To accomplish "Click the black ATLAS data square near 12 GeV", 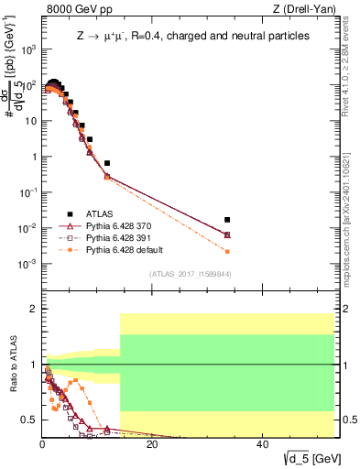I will click(107, 163).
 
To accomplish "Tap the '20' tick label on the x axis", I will click(152, 445).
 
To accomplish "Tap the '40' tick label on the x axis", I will click(262, 445).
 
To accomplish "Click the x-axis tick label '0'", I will click(42, 445).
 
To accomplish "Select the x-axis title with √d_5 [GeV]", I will click(307, 458).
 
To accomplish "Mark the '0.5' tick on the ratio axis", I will click(29, 420).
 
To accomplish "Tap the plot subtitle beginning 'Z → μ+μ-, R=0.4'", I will click(192, 36).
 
